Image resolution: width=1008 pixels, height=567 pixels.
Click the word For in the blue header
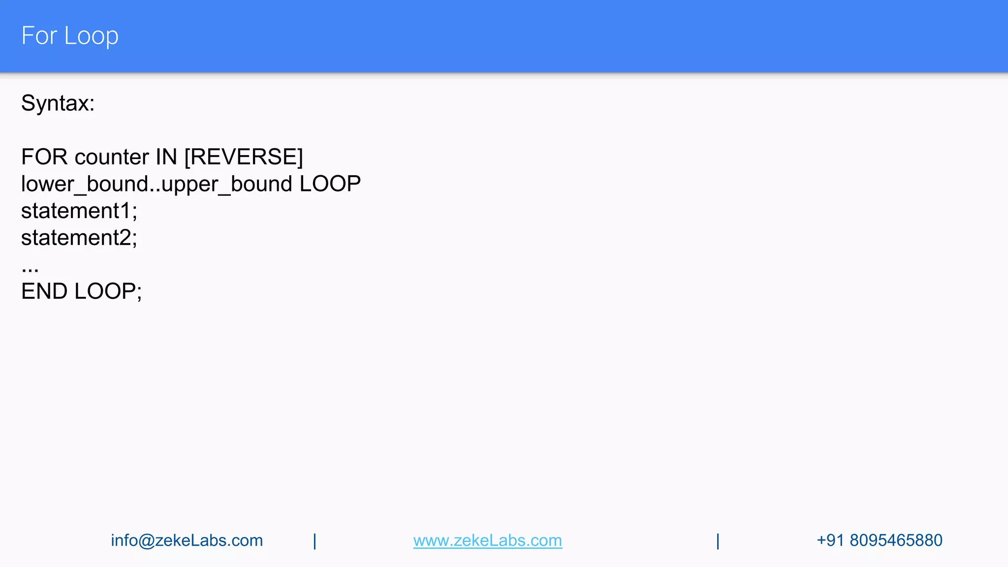[39, 36]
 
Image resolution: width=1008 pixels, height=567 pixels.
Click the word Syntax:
[58, 103]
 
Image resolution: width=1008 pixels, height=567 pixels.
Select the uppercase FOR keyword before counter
[44, 157]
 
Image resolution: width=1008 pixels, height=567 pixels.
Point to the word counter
[112, 157]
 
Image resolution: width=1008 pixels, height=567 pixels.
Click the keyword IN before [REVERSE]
[166, 157]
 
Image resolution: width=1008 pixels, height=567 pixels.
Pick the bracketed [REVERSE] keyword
[244, 157]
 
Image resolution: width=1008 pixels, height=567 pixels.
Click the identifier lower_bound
[85, 185]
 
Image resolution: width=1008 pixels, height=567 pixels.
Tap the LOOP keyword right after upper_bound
[330, 184]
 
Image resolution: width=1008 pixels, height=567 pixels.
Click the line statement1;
[79, 211]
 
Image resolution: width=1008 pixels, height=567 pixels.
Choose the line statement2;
[79, 238]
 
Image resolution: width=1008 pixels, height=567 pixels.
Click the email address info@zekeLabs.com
[187, 540]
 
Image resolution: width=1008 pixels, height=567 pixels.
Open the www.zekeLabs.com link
[487, 540]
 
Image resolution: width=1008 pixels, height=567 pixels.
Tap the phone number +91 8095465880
[879, 540]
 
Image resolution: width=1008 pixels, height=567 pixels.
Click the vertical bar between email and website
[315, 541]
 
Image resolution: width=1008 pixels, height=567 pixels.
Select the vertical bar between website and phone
[718, 541]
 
